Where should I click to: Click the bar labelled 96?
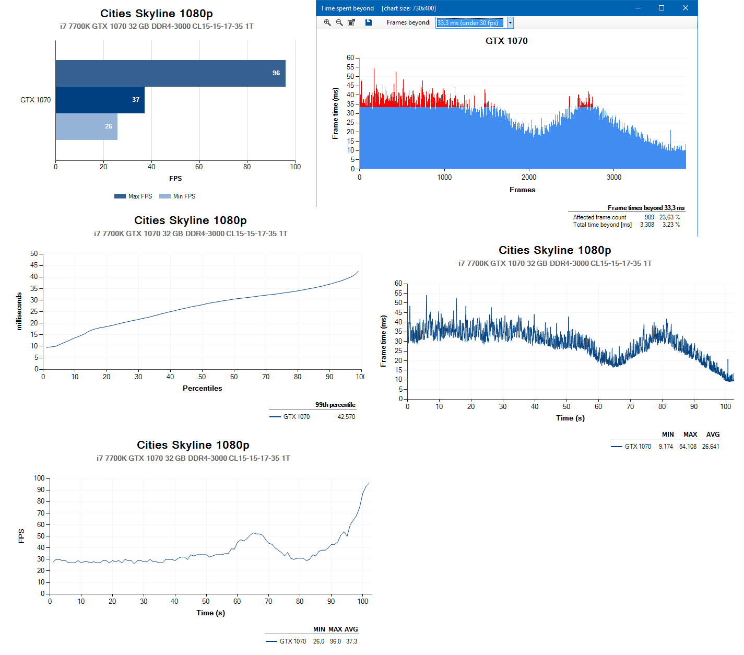click(170, 73)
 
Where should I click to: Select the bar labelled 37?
click(100, 100)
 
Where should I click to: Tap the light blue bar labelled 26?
click(86, 126)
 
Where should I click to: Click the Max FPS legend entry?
click(134, 196)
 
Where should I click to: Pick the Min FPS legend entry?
click(178, 196)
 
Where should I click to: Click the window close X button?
click(686, 8)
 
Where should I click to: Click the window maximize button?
click(662, 8)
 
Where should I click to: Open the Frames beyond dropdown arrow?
click(510, 23)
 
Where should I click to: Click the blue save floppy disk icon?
click(369, 22)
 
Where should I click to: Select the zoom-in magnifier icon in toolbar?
click(327, 22)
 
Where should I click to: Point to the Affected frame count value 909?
click(649, 217)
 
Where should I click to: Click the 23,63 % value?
click(669, 217)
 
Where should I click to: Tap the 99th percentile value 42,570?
click(346, 417)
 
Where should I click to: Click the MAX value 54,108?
click(688, 447)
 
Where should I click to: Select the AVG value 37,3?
click(351, 641)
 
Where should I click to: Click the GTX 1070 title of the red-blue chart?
click(506, 41)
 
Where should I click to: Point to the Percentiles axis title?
click(202, 388)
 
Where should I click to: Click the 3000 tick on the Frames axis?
click(614, 177)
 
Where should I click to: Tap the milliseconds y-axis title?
click(19, 311)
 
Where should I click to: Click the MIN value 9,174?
click(666, 447)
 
